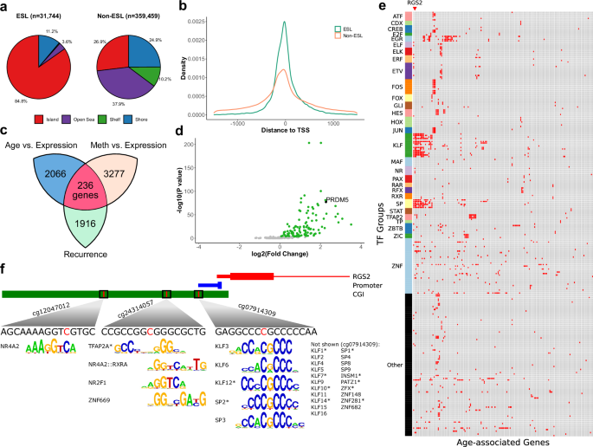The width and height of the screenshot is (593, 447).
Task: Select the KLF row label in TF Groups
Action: tap(397, 145)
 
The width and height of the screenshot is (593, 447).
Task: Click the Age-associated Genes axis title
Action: tap(500, 440)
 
